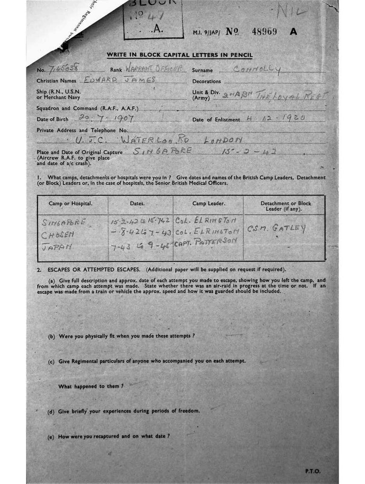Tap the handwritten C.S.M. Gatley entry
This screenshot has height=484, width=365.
click(x=277, y=228)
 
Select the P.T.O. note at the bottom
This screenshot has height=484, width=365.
click(x=313, y=471)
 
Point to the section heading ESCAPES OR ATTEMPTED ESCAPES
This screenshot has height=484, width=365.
click(x=93, y=269)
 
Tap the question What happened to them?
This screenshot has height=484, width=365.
click(x=91, y=386)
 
